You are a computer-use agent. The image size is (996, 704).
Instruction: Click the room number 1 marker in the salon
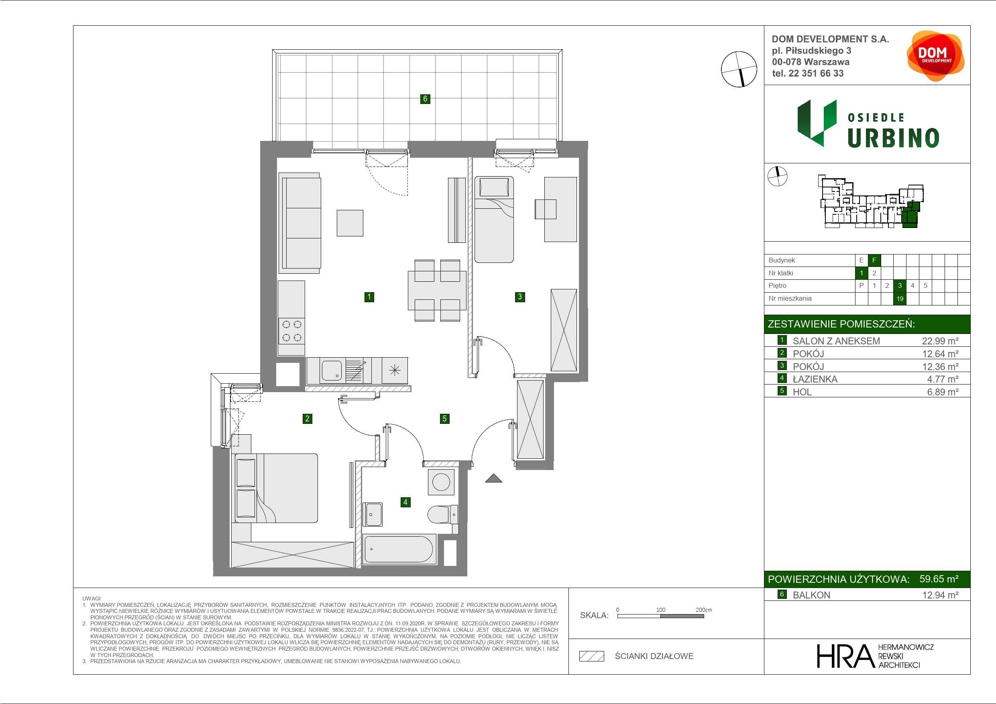(x=369, y=297)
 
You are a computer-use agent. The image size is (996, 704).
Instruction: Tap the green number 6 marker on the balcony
(x=425, y=99)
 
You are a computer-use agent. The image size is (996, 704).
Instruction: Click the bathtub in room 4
(x=399, y=549)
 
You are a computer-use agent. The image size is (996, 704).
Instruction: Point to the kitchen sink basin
(x=330, y=370)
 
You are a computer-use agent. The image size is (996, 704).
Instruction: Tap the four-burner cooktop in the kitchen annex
(x=291, y=331)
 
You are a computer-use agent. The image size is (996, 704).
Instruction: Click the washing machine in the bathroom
(x=441, y=482)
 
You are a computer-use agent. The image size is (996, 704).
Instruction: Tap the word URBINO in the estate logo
(x=893, y=138)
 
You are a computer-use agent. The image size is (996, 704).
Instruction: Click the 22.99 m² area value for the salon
(x=940, y=341)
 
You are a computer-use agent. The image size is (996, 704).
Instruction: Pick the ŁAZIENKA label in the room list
(x=815, y=379)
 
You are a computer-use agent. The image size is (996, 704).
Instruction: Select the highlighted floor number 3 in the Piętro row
(x=900, y=285)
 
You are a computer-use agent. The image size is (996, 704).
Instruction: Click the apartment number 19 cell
(x=900, y=299)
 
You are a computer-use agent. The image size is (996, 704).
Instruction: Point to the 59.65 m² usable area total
(x=939, y=579)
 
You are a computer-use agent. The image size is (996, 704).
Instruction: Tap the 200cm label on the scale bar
(x=704, y=609)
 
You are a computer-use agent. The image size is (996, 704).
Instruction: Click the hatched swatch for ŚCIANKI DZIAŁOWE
(x=592, y=656)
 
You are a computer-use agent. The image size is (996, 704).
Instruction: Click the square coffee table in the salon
(x=350, y=223)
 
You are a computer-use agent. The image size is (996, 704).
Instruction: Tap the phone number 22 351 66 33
(x=816, y=73)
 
